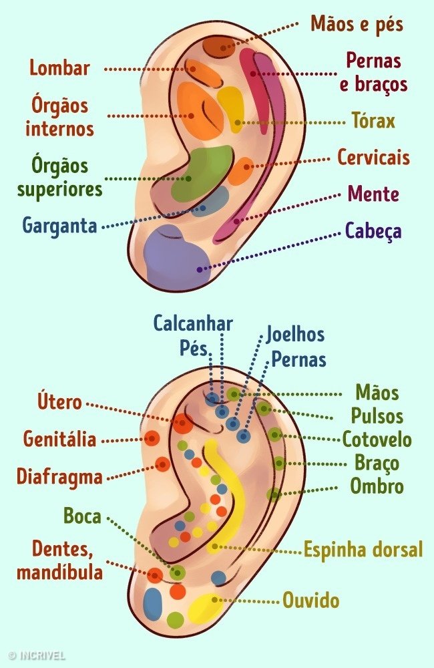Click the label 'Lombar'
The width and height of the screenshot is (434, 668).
[x=59, y=68]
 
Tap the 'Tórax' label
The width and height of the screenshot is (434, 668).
[x=373, y=120]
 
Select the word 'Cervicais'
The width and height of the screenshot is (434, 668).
[x=373, y=157]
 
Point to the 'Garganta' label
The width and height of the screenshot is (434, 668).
[x=59, y=225]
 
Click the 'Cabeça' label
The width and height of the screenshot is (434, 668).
[x=373, y=231]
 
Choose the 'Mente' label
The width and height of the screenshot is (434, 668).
[x=373, y=194]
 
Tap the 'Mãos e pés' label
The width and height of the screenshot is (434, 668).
[x=357, y=24]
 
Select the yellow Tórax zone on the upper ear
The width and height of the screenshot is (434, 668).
[x=231, y=109]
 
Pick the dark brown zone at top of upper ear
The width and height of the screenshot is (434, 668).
[x=219, y=47]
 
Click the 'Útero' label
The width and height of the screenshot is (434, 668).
[x=59, y=401]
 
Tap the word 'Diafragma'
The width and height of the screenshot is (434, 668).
[x=59, y=476]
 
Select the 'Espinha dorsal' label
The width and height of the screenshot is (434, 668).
[x=363, y=550]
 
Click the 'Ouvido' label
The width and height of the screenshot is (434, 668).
[x=311, y=601]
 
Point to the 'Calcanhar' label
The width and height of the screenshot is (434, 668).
[x=193, y=324]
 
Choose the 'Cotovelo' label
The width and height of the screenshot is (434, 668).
[x=377, y=440]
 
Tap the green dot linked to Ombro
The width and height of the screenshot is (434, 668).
[x=274, y=494]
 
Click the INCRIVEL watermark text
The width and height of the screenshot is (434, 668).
[x=37, y=655]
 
